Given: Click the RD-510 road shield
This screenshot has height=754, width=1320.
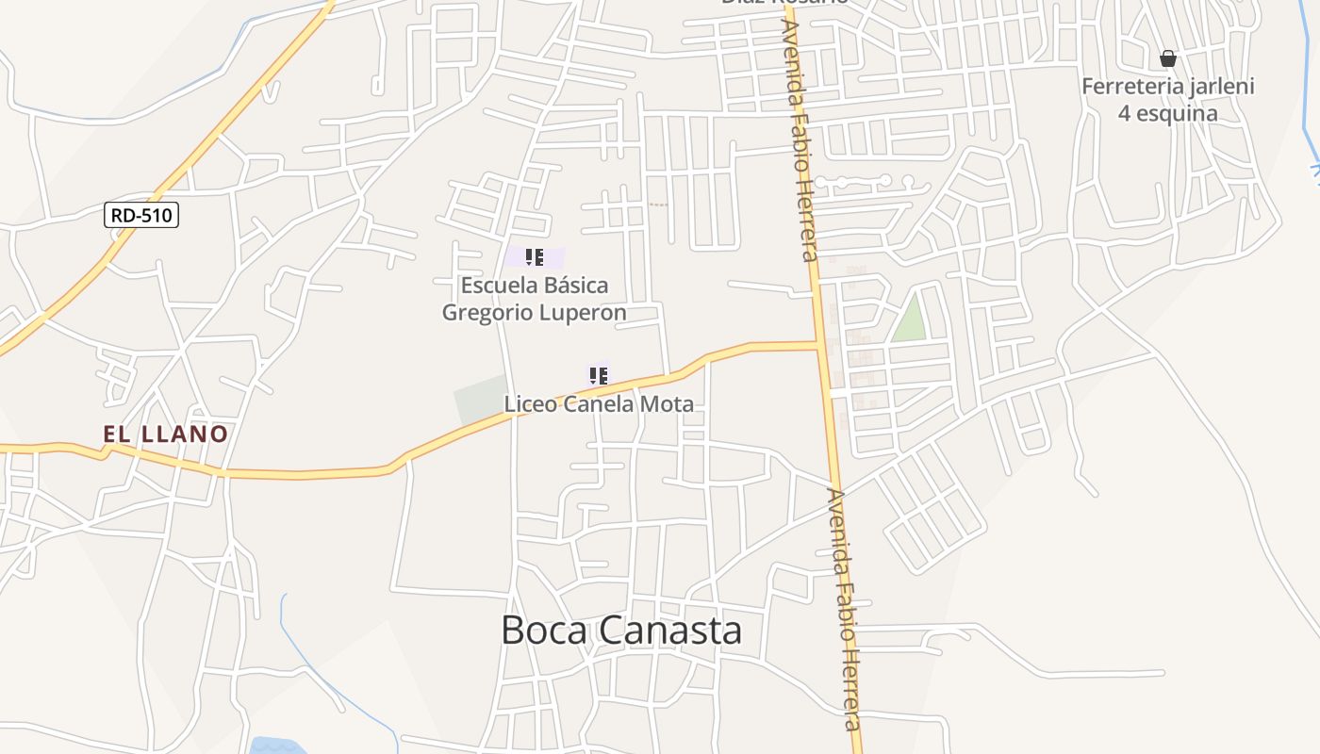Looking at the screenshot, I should pos(141,216).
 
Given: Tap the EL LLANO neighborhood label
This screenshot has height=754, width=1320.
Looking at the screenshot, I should pos(166,434).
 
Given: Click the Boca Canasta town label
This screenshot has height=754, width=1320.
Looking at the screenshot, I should pos(620,631).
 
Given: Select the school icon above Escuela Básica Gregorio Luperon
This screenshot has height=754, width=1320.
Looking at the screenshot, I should pos(535,257).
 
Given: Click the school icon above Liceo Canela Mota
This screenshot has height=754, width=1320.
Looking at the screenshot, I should pos(598,376).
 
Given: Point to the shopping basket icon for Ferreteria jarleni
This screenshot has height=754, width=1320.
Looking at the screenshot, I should pos(1168,59).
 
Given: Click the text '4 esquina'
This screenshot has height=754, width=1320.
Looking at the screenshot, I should pos(1167,114).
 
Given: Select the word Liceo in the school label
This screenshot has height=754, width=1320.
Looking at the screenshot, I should pos(531,404).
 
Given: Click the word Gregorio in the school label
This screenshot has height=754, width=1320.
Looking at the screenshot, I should pos(487,313).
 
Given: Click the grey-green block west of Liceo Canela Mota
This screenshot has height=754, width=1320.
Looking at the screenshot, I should pos(481,402).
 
